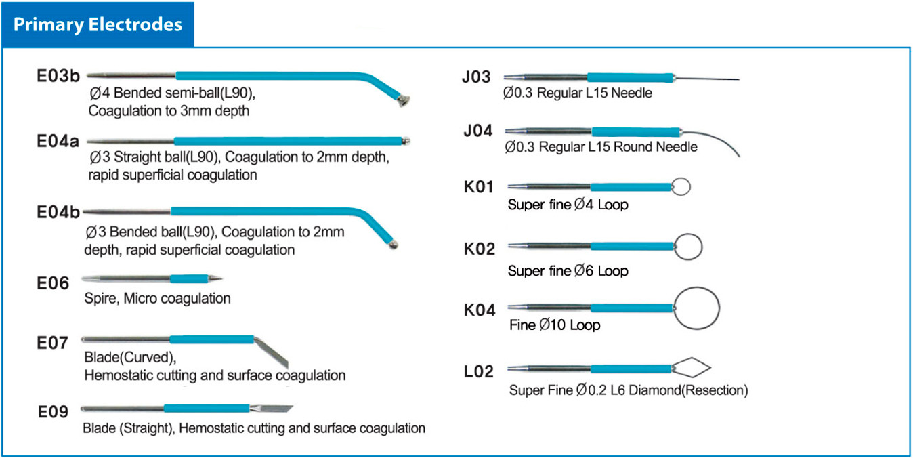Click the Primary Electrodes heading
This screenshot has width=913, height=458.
(98, 25)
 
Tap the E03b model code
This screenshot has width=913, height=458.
(58, 76)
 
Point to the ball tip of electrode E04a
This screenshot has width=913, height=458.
(406, 141)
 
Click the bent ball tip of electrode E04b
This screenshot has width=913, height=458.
(394, 245)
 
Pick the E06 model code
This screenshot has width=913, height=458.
(53, 283)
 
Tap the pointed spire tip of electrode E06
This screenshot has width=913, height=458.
(215, 279)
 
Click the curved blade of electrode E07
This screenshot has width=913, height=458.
(272, 351)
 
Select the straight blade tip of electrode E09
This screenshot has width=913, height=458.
(272, 409)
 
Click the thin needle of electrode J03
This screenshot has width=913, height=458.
(707, 79)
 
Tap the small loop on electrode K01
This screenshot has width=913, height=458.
(681, 187)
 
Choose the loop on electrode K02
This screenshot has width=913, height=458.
(688, 247)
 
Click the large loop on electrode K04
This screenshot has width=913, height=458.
(696, 308)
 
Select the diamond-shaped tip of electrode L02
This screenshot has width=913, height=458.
(692, 367)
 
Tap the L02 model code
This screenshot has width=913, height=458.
(479, 371)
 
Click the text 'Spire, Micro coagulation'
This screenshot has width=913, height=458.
(157, 299)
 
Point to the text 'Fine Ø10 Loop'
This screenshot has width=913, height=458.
(555, 325)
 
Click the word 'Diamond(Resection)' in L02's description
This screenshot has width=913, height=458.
(688, 390)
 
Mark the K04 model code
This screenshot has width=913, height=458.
(480, 310)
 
